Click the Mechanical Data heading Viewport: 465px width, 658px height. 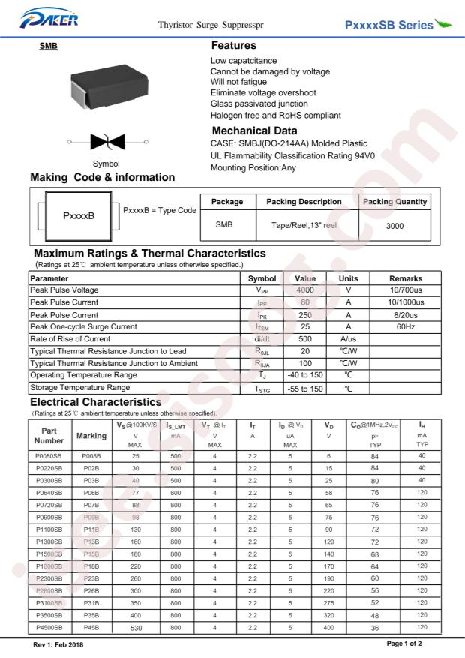255,131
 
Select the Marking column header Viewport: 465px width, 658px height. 92,435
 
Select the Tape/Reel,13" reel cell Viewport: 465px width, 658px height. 298,224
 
